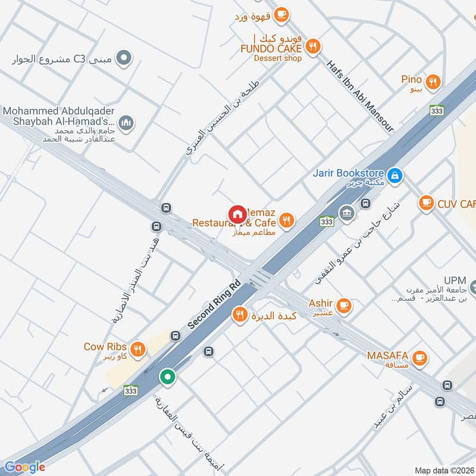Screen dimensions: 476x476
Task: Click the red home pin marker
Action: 237,214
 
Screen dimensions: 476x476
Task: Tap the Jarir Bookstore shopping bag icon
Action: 394,176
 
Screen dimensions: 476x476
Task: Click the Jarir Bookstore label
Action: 349,173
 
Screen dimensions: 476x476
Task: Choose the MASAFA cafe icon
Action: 420,357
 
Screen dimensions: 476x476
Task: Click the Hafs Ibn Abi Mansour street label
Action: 361,94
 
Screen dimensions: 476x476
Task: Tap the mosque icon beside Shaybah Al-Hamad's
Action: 125,123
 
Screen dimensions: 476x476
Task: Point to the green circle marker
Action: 168,377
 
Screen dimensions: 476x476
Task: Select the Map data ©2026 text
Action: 443,471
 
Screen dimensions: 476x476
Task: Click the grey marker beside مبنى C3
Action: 123,58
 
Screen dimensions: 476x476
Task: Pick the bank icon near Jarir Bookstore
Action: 346,214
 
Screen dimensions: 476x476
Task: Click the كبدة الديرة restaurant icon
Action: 240,315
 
